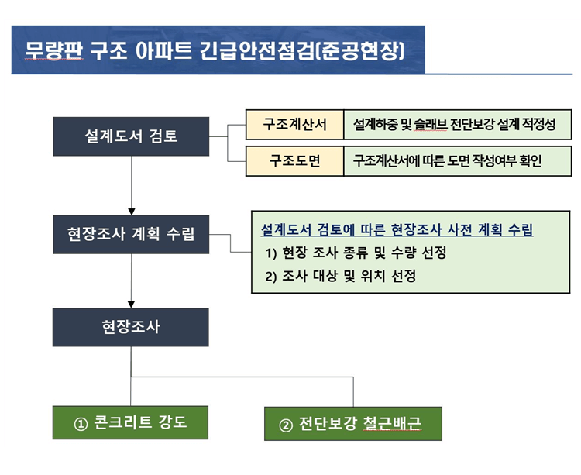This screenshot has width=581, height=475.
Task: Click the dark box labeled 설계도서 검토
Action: (131, 136)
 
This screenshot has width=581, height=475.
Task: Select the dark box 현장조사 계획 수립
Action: (131, 234)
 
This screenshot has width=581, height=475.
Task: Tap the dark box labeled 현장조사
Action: (131, 327)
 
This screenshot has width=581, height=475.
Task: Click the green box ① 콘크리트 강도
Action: (131, 424)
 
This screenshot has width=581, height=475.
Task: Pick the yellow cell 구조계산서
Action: (294, 124)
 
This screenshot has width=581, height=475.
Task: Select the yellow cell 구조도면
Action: (294, 161)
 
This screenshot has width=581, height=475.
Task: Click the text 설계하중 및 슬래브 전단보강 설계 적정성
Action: (454, 124)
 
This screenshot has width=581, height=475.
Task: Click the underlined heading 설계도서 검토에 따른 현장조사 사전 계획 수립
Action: (397, 230)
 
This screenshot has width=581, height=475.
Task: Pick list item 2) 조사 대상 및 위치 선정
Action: (340, 277)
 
